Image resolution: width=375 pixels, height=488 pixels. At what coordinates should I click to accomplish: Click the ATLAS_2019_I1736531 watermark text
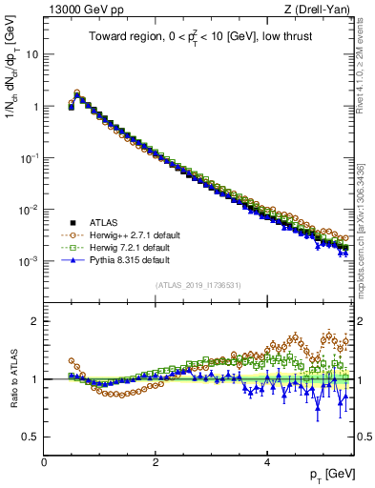pyautogui.click(x=198, y=284)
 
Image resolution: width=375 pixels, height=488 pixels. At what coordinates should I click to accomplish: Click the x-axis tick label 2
pyautogui.click(x=155, y=462)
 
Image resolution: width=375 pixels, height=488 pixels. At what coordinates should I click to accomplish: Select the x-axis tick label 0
pyautogui.click(x=44, y=462)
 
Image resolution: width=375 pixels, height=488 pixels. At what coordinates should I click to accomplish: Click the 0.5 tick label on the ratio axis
pyautogui.click(x=31, y=437)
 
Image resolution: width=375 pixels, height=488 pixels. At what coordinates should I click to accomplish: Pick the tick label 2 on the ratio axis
pyautogui.click(x=35, y=321)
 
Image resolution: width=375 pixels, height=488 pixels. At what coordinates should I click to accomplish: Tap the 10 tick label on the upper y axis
pyautogui.click(x=32, y=54)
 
